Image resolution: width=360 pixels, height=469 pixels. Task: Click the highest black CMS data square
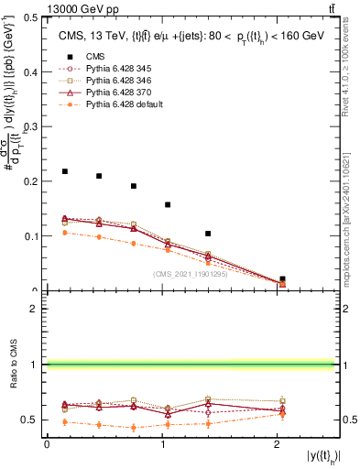point(64,171)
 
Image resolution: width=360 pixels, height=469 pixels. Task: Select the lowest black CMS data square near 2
point(282,278)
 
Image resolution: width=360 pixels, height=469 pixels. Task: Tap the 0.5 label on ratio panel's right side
point(350,420)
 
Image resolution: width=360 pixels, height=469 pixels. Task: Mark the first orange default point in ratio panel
point(64,422)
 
